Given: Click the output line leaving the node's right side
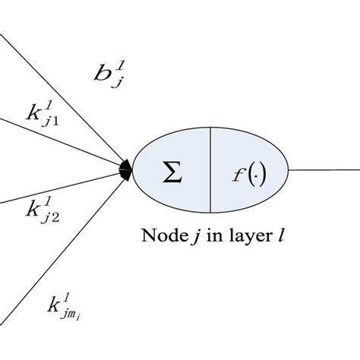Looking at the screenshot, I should point(323,169).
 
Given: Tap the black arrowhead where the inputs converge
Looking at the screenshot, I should point(126,167).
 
